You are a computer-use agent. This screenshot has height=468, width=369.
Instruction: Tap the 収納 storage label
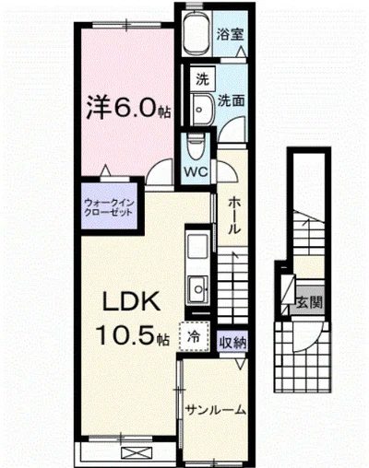pyautogui.click(x=232, y=342)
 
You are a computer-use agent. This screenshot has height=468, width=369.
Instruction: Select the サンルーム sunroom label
pyautogui.click(x=214, y=409)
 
